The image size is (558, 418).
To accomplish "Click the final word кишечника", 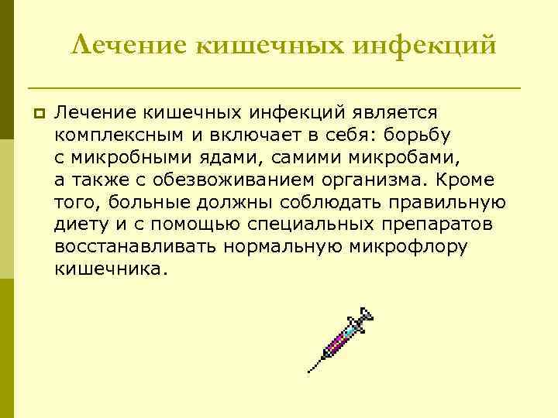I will [110, 270].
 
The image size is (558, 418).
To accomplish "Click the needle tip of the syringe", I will [310, 371].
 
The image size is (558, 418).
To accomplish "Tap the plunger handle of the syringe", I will [367, 314].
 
